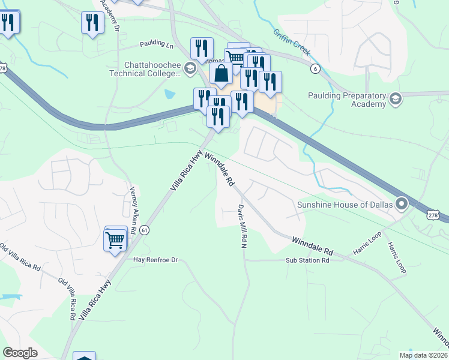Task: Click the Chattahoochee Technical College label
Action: (x=152, y=69)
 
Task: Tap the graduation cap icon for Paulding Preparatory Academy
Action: (x=395, y=98)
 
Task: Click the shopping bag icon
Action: (x=221, y=74)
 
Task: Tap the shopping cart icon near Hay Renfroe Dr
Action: (x=115, y=240)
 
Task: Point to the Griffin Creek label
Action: (x=291, y=42)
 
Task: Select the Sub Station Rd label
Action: (x=307, y=260)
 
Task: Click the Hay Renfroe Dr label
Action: (x=155, y=260)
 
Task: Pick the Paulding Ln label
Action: (x=156, y=44)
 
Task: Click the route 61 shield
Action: (x=144, y=230)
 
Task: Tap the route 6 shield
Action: (x=315, y=69)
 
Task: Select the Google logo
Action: (x=20, y=353)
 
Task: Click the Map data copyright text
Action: (x=424, y=355)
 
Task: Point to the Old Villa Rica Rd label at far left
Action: (x=20, y=257)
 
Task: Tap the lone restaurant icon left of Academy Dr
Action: (x=92, y=23)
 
